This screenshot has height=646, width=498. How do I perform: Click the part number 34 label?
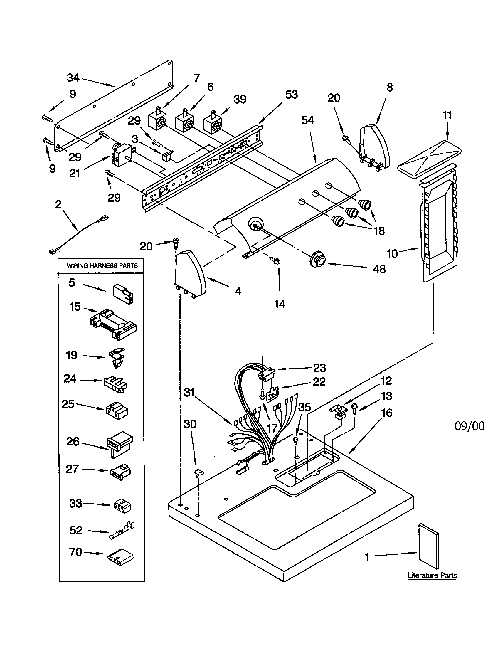[73, 78]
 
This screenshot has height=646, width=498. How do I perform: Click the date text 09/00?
[470, 426]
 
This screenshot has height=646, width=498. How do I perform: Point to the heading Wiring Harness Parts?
[102, 266]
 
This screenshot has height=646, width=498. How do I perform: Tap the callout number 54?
[307, 120]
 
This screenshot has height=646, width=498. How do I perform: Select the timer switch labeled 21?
[122, 156]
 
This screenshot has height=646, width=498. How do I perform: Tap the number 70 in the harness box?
[76, 552]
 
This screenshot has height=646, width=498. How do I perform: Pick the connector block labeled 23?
[266, 373]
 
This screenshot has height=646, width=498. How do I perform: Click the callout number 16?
[387, 413]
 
